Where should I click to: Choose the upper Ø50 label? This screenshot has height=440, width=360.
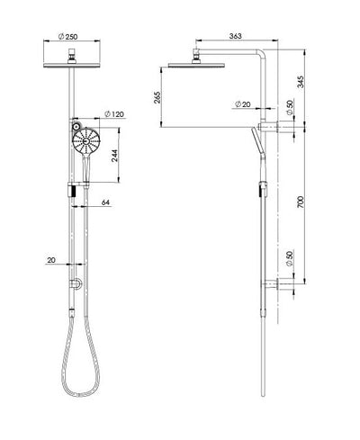click(x=291, y=109)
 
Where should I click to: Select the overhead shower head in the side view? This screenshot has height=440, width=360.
click(x=194, y=66)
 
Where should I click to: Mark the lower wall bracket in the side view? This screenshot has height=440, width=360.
click(x=272, y=286)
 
